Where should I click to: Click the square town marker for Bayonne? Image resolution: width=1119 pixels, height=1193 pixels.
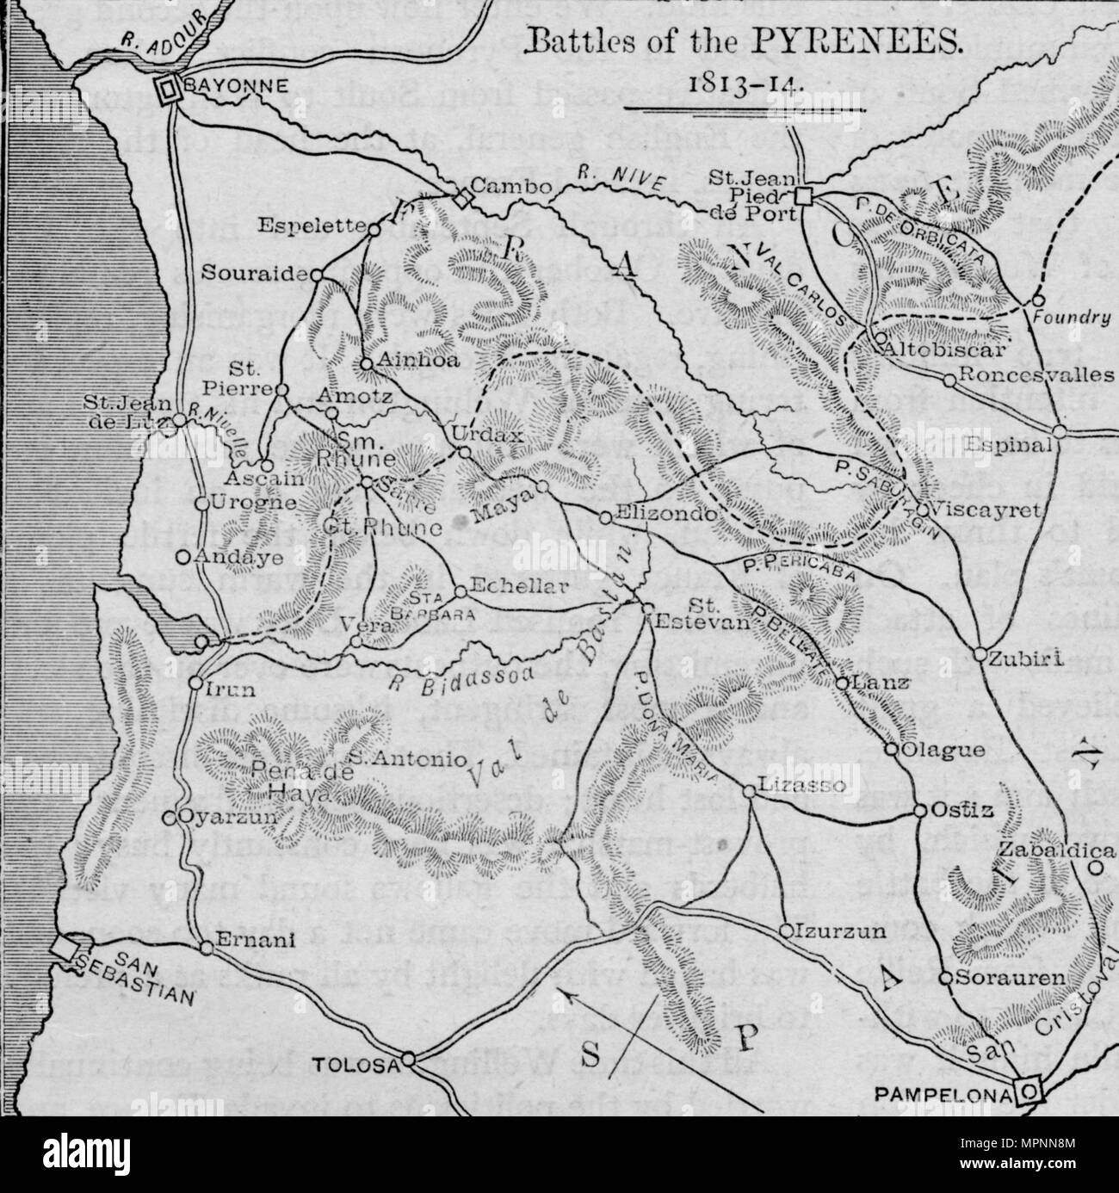(x=167, y=86)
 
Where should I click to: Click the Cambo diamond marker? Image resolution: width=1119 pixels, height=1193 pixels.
(x=463, y=200)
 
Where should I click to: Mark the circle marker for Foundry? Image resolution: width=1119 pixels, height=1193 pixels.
(x=1036, y=300)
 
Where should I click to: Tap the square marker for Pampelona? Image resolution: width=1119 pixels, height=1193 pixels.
(x=1026, y=1090)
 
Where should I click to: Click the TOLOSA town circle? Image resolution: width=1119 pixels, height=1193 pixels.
(x=408, y=1059)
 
